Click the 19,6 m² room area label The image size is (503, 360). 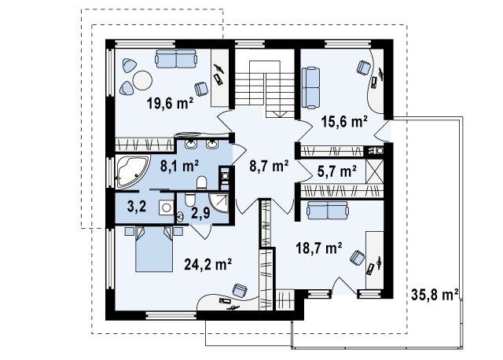(170, 103)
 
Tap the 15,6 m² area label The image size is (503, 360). (344, 122)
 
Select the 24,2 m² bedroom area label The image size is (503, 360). (207, 264)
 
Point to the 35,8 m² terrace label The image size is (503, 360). (435, 295)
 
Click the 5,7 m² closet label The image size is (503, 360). (337, 171)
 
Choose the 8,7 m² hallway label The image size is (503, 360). (269, 166)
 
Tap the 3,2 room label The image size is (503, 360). (137, 206)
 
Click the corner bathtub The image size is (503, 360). (131, 171)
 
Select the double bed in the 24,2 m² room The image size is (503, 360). (154, 249)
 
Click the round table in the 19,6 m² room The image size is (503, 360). (142, 80)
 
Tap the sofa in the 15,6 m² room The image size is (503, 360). (310, 87)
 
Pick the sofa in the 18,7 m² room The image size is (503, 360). (328, 211)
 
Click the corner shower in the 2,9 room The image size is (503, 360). (219, 203)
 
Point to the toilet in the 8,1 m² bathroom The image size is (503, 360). (202, 182)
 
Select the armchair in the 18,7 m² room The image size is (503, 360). (357, 258)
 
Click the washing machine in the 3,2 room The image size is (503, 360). (166, 208)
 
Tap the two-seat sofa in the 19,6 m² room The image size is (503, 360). (176, 59)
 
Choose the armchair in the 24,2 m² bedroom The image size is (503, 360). (240, 290)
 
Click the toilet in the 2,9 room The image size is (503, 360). (189, 199)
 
